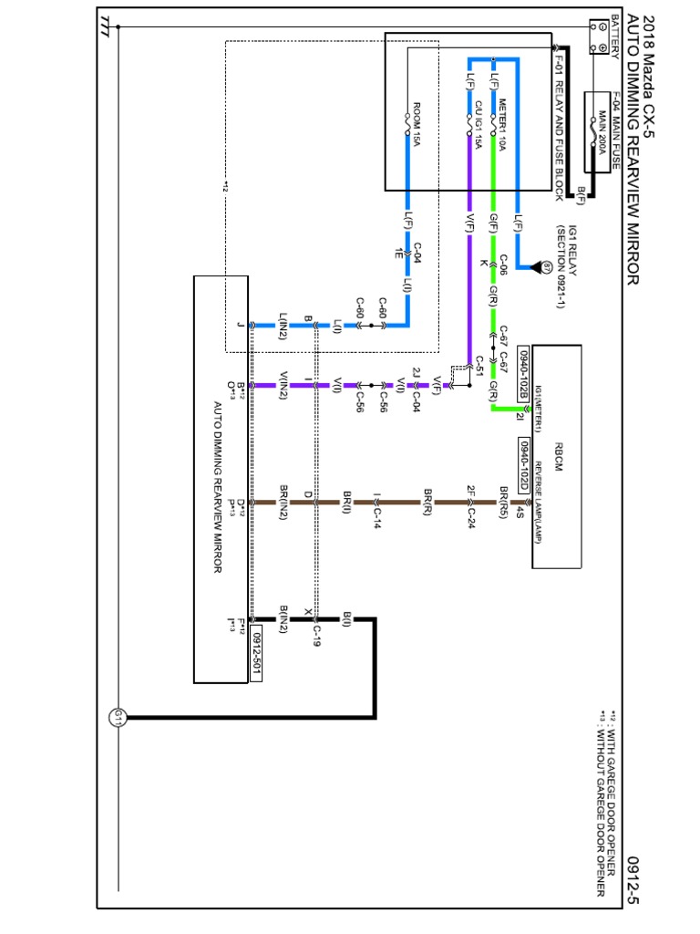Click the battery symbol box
point(602,38)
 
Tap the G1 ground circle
point(118,718)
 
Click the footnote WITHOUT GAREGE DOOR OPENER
point(602,803)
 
